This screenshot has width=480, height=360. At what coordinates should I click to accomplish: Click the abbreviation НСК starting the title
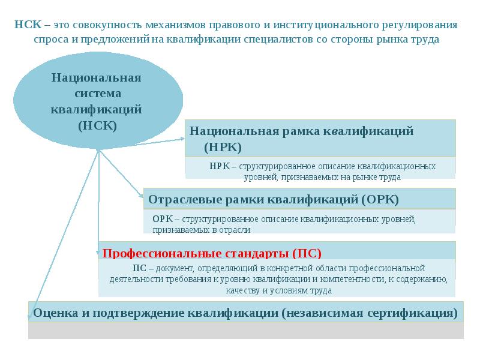click(x=27, y=25)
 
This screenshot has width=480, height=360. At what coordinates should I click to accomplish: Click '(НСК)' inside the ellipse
click(x=97, y=126)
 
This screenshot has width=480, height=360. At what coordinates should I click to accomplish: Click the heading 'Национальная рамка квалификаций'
click(x=302, y=131)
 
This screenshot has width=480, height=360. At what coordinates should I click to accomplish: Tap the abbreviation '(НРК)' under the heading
click(x=223, y=146)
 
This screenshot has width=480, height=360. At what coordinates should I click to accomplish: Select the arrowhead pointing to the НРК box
click(x=183, y=139)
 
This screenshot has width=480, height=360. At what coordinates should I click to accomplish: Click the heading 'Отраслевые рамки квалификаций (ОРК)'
click(x=273, y=199)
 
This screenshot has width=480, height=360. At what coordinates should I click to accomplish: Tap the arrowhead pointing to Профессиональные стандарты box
click(x=99, y=253)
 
